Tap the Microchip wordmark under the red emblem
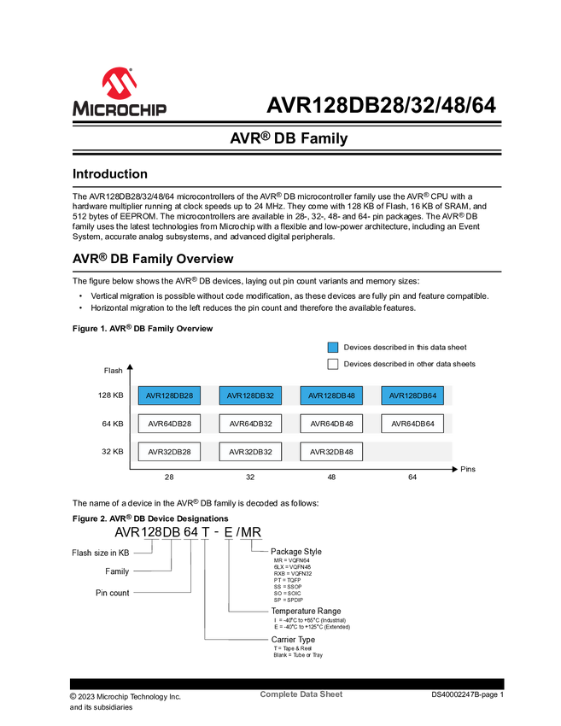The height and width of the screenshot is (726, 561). coord(119,108)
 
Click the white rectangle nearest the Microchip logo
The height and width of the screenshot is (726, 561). coord(53,175)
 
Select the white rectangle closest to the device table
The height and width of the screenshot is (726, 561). coord(53,259)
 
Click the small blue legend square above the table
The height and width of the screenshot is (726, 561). coord(333,348)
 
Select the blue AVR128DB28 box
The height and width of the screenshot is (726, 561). coord(169,395)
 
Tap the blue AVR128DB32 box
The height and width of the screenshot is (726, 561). coord(250,395)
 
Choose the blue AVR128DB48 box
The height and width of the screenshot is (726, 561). coord(331,395)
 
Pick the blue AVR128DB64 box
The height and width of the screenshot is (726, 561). coord(412,395)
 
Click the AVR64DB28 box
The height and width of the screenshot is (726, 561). coord(169,424)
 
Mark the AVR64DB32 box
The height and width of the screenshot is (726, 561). coord(250,424)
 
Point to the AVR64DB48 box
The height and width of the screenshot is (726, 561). coord(331,424)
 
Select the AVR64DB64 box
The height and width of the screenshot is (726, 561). coord(412,424)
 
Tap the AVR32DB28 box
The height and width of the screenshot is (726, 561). coord(169,452)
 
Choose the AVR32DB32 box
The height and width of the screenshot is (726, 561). coord(250,452)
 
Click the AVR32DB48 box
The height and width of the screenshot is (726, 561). coord(331,452)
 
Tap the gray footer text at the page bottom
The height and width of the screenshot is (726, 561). coord(301,696)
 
